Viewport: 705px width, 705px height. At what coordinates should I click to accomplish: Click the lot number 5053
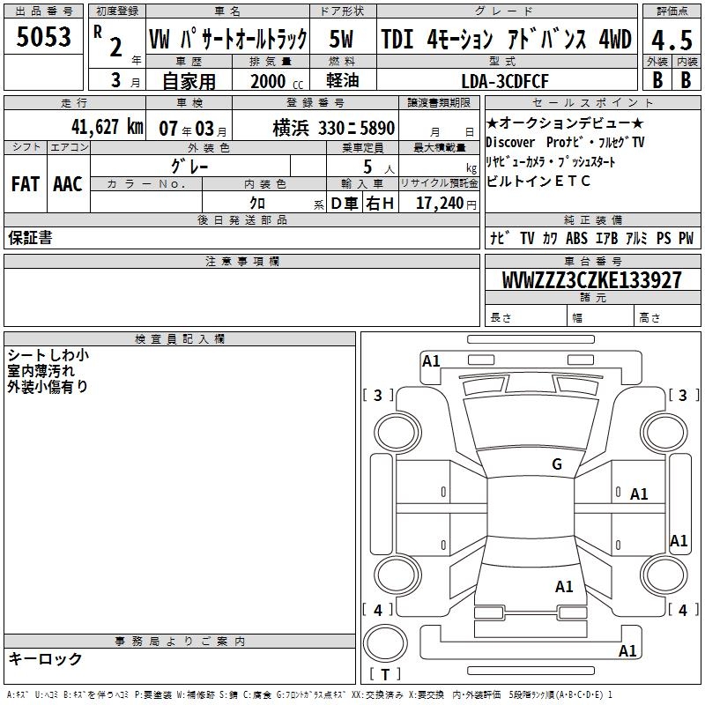pyautogui.click(x=43, y=37)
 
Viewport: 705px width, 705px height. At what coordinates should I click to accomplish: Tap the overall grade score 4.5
pyautogui.click(x=672, y=41)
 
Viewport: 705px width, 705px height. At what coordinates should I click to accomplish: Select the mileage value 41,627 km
pyautogui.click(x=108, y=127)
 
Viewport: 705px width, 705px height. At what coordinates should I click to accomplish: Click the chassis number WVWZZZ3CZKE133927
pyautogui.click(x=592, y=280)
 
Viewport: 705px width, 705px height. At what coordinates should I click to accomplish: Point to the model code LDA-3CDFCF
pyautogui.click(x=505, y=81)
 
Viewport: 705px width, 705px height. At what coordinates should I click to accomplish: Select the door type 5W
pyautogui.click(x=341, y=39)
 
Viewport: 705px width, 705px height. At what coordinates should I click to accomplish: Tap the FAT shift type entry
pyautogui.click(x=26, y=184)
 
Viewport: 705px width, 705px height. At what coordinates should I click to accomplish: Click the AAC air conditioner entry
pyautogui.click(x=68, y=184)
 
